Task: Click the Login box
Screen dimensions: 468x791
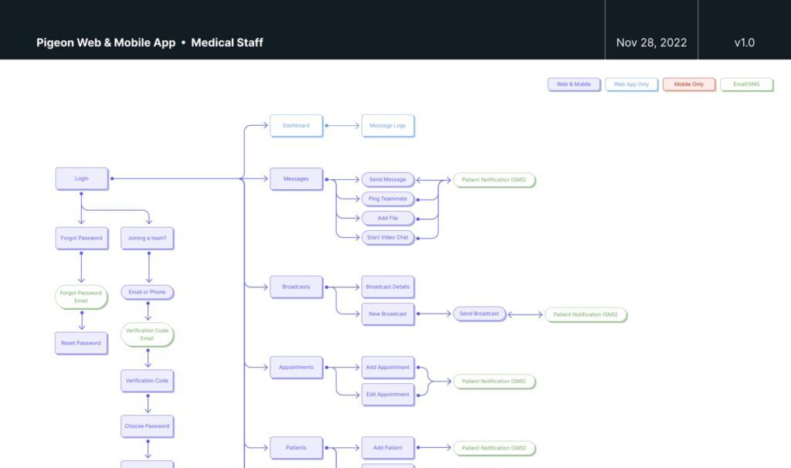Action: [x=81, y=178]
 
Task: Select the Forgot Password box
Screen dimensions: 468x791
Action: [x=81, y=238]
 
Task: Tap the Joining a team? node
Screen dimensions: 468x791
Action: [x=147, y=238]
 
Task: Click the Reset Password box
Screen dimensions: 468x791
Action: [x=81, y=343]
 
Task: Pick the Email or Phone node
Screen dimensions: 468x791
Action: [x=147, y=292]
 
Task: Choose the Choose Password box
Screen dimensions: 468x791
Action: [x=147, y=426]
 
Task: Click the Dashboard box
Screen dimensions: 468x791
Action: [x=296, y=125]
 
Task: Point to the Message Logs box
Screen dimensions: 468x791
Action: [x=388, y=125]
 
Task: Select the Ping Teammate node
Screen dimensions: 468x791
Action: [x=388, y=198]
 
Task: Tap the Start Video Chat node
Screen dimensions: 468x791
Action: [x=388, y=237]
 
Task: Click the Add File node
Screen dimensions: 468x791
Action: [x=388, y=218]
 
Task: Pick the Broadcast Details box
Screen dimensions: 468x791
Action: [x=388, y=287]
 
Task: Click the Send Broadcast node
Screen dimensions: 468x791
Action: [x=479, y=314]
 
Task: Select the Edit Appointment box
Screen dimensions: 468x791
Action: [x=388, y=394]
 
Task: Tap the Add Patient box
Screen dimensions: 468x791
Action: [x=388, y=447]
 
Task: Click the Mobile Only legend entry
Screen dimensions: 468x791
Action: [x=688, y=84]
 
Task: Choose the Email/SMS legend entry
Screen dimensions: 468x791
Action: [x=746, y=84]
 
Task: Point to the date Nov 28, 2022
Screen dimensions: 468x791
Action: [x=651, y=42]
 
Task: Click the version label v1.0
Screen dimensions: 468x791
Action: [x=744, y=42]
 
